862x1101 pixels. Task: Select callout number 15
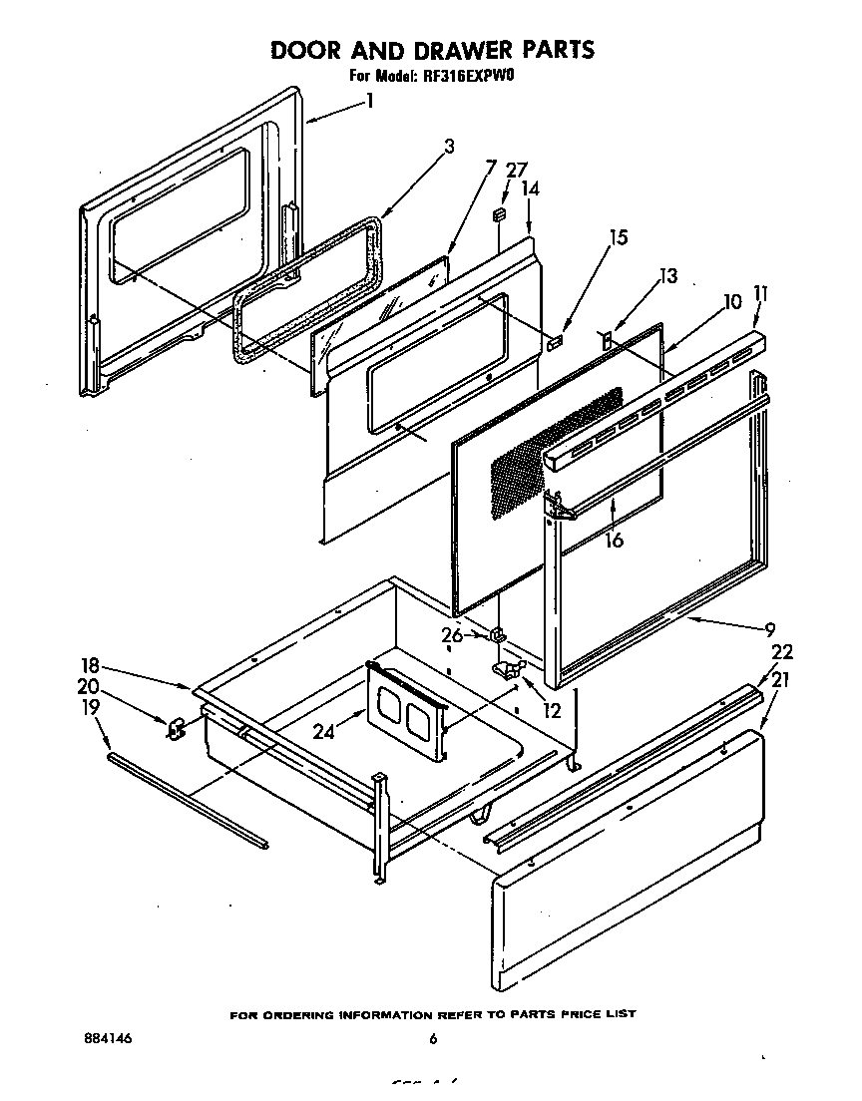pyautogui.click(x=619, y=237)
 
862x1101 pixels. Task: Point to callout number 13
pyautogui.click(x=667, y=276)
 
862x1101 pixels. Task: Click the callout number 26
pyautogui.click(x=453, y=634)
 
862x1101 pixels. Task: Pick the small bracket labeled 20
pyautogui.click(x=176, y=729)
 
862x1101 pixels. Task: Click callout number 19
pyautogui.click(x=91, y=708)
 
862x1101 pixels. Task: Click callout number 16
pyautogui.click(x=614, y=540)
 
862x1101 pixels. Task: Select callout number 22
pyautogui.click(x=782, y=651)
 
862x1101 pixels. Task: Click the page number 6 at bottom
pyautogui.click(x=433, y=1039)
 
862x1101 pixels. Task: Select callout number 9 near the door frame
pyautogui.click(x=769, y=628)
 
